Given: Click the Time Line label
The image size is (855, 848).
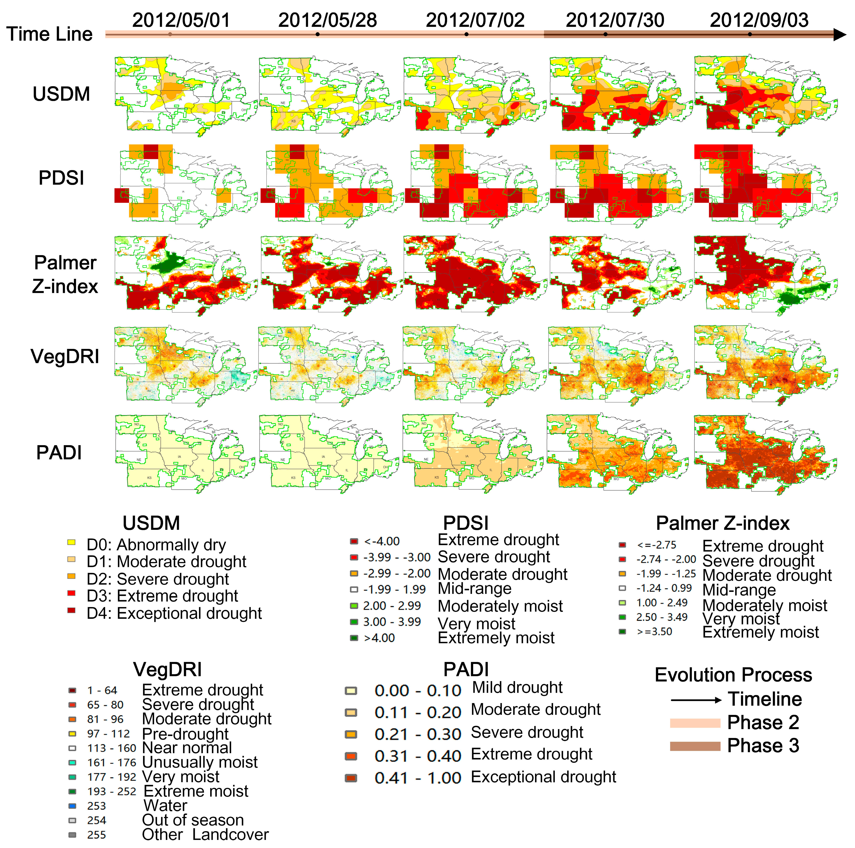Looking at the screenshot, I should pyautogui.click(x=50, y=34).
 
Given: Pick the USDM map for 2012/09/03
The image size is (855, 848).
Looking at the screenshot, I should pyautogui.click(x=766, y=95).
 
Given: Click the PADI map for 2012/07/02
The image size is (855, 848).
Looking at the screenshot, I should pyautogui.click(x=474, y=452).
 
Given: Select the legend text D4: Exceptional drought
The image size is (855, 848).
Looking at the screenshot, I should pyautogui.click(x=174, y=613).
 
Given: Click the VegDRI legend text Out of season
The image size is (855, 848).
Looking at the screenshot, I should pyautogui.click(x=193, y=820).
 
